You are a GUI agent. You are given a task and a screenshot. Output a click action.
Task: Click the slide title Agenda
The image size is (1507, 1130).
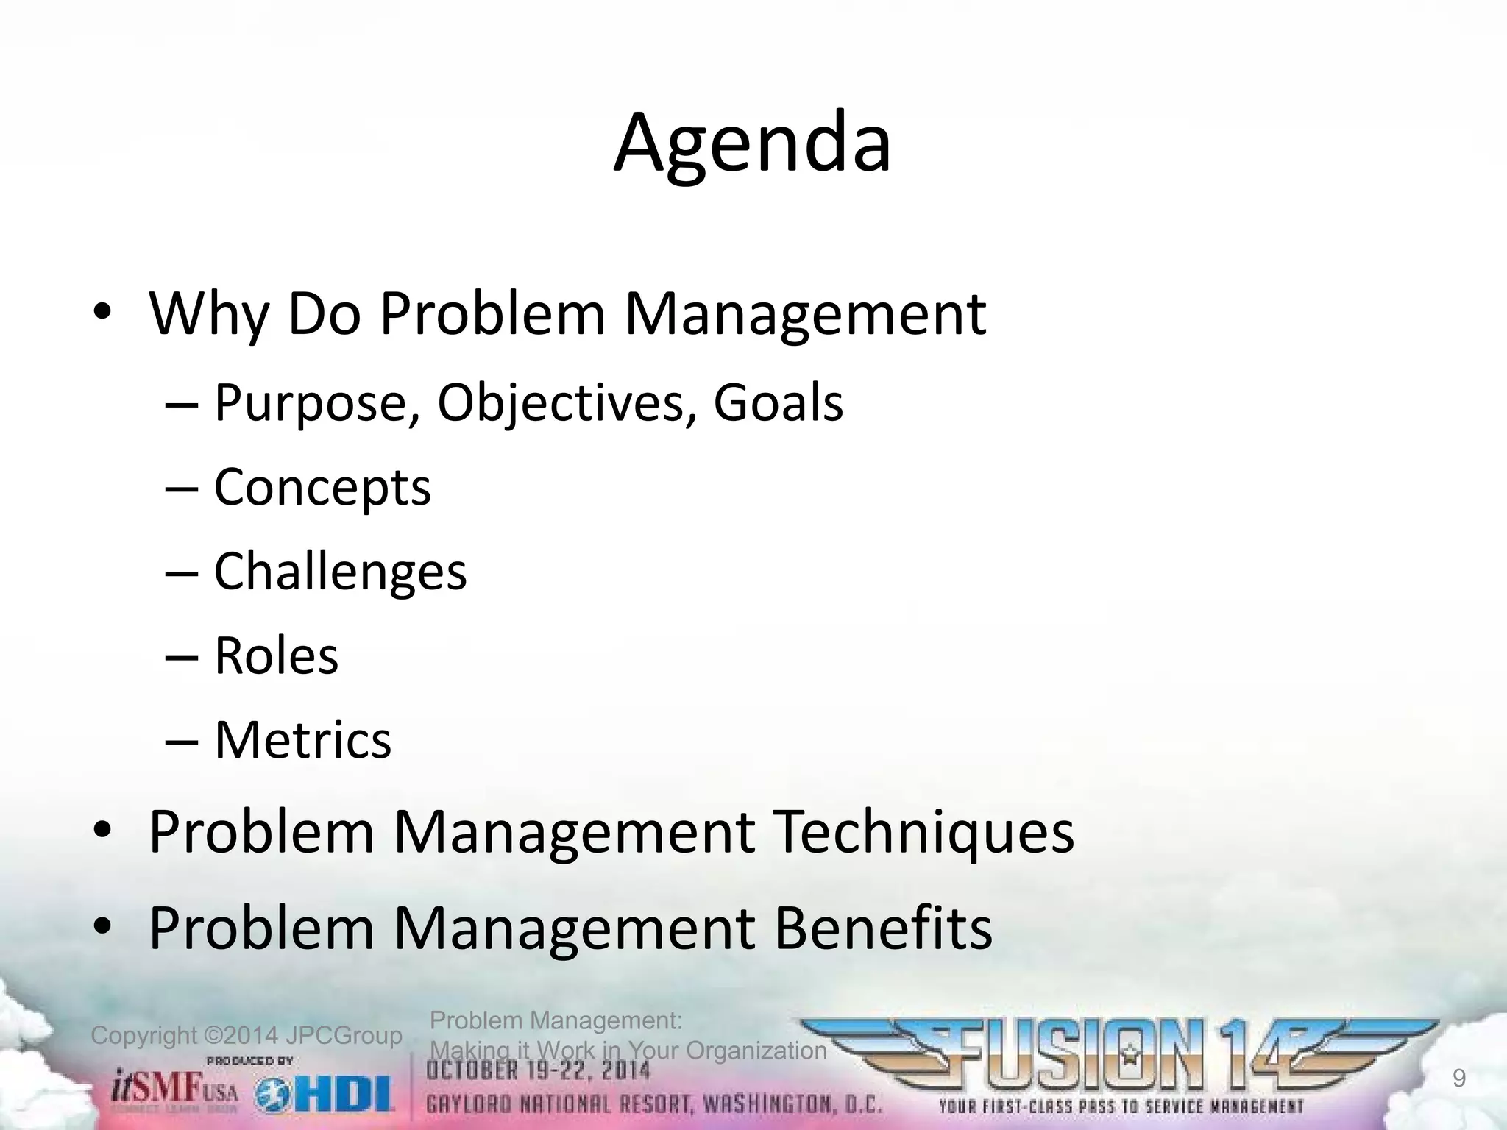752,143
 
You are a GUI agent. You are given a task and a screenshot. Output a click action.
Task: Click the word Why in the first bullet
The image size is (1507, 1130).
209,315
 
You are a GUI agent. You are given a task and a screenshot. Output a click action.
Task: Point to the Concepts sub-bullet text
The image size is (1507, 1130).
322,488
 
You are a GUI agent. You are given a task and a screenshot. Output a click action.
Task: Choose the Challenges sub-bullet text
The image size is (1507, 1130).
340,572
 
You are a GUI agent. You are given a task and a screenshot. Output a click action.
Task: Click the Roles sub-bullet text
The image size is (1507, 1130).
276,655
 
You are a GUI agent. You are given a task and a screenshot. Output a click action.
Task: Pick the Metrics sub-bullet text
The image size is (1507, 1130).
302,739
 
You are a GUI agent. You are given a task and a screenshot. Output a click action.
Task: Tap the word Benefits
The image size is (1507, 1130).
883,928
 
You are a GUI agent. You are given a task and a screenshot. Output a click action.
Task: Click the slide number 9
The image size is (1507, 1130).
1458,1079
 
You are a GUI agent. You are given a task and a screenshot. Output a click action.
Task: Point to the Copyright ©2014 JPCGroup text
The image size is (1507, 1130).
246,1036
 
